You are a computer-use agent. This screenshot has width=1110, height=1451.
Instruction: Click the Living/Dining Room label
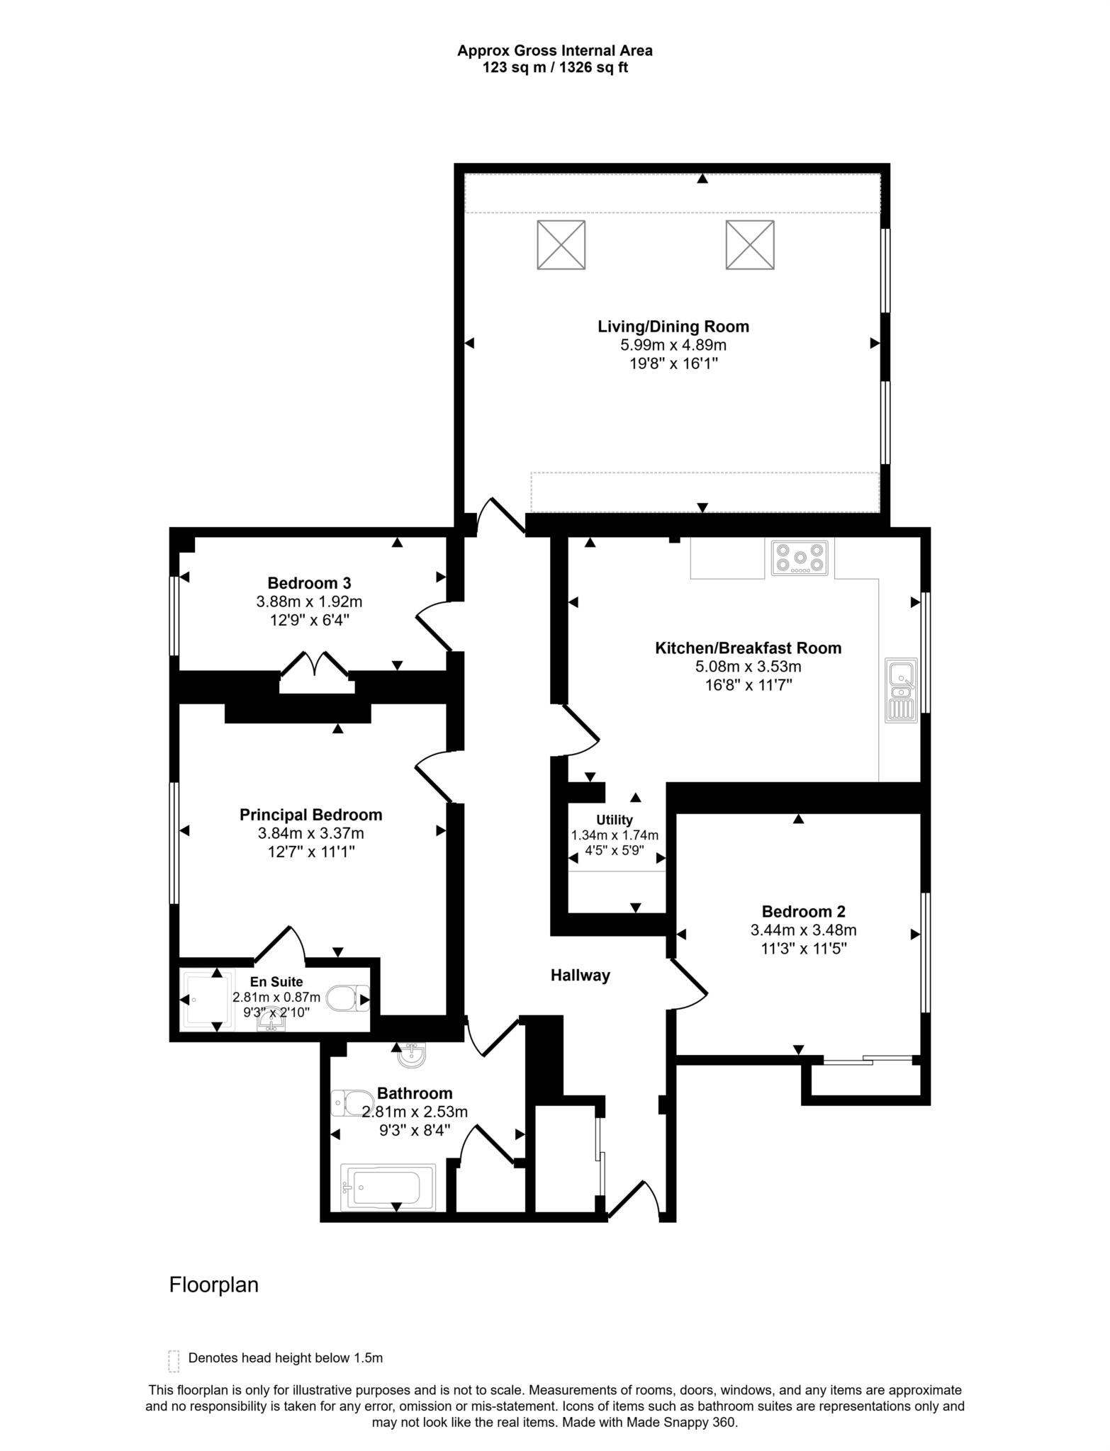tap(673, 327)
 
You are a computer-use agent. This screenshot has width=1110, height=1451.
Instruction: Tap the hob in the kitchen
tap(800, 558)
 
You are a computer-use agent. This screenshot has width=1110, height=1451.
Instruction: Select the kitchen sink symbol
tap(901, 691)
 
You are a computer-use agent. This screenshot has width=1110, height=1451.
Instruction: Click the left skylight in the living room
tap(561, 244)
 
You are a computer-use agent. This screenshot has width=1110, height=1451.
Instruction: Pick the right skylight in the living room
tap(749, 244)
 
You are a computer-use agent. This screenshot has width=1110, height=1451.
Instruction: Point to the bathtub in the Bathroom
tap(387, 1188)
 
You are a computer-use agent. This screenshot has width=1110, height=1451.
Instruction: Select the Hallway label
tap(580, 976)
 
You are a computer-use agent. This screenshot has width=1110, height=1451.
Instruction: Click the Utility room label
tap(614, 820)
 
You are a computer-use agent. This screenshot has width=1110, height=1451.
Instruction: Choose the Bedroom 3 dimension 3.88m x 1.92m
tap(309, 602)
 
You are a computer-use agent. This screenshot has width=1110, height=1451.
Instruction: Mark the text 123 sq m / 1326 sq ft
tap(554, 68)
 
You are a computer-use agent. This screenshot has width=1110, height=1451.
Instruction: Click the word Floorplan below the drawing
tap(213, 1285)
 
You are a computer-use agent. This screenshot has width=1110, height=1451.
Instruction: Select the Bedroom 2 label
tap(803, 912)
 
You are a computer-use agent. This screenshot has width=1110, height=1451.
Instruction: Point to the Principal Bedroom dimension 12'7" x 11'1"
tap(310, 852)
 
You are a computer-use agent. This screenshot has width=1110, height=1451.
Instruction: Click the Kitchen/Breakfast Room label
tap(748, 648)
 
